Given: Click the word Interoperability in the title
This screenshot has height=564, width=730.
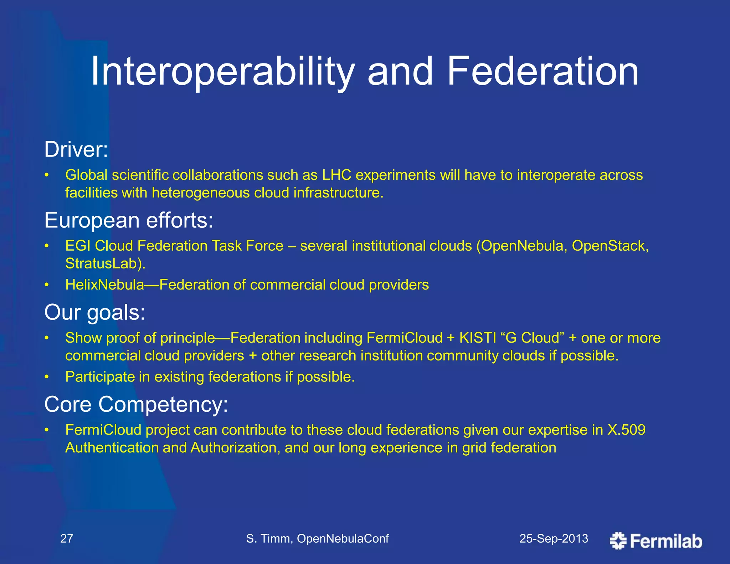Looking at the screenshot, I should point(222,72).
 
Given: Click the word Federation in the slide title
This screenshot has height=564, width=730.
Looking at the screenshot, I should point(543,72).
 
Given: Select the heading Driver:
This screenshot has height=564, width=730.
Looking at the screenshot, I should point(76,149).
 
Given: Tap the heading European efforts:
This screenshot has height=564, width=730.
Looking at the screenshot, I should point(129,220).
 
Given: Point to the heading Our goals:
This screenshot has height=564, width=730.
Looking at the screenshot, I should point(95,312).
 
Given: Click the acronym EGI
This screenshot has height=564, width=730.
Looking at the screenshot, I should point(77,246).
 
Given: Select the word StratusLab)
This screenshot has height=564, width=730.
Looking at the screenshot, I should point(106,263).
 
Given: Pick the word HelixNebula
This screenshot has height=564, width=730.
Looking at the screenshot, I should point(104,285).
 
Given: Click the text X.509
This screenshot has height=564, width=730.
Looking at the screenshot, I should point(626,430).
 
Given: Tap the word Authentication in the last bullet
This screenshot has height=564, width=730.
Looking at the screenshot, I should point(112,448).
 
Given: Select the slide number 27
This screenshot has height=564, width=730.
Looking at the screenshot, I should point(67,538).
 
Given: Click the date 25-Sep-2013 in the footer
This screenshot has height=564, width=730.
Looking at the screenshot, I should point(554,538).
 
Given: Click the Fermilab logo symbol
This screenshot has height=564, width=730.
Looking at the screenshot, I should point(618,541).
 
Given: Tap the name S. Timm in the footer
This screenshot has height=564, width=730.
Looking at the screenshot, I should point(269,538).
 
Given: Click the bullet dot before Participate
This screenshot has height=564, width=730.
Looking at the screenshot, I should point(46,377).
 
